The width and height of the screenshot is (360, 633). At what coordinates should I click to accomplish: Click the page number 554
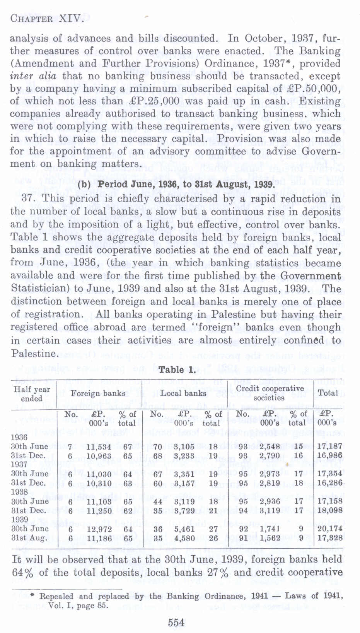point(176,622)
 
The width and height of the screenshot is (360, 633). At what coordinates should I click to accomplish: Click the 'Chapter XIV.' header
point(46,18)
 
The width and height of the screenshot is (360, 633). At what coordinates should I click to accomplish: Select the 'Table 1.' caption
point(177,370)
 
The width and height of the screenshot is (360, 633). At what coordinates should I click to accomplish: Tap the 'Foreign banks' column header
point(98,393)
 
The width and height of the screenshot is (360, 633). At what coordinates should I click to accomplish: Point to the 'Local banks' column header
point(184,393)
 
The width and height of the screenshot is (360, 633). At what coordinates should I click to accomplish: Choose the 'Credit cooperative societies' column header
point(270,393)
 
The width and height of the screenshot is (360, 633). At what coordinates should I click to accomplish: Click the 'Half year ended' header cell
point(32,393)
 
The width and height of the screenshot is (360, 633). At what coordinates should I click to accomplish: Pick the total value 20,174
point(330,529)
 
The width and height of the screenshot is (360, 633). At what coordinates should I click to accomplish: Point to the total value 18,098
point(330,510)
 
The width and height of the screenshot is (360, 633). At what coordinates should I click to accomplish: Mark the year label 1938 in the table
point(19,492)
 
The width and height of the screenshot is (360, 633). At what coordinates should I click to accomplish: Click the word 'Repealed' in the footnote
point(56,596)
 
